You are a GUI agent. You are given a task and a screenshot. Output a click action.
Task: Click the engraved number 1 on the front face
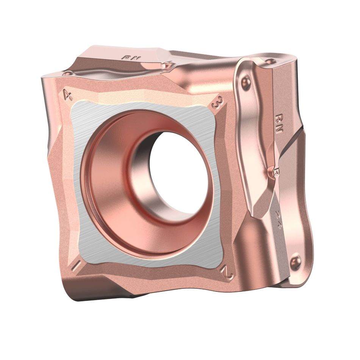(75, 265)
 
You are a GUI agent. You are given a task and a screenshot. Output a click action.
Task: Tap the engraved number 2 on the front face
(228, 272)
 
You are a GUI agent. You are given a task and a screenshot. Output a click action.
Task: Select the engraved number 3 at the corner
(218, 103)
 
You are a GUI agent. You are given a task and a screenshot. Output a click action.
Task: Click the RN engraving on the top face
(130, 58)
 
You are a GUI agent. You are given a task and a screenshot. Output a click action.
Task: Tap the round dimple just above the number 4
(67, 73)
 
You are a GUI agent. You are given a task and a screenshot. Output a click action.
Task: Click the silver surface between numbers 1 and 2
(152, 261)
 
